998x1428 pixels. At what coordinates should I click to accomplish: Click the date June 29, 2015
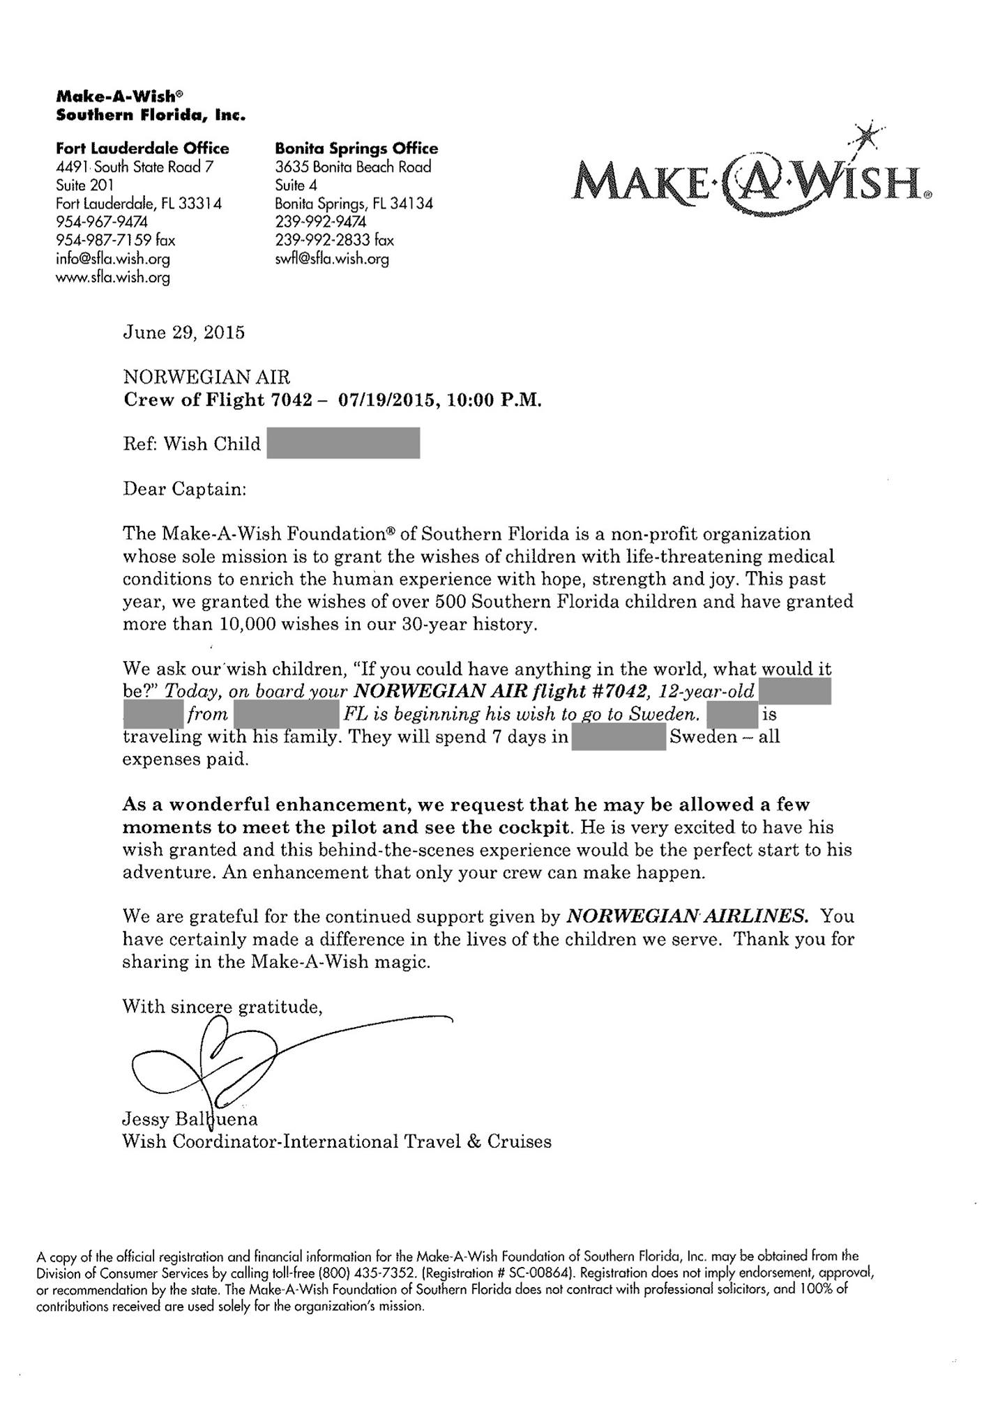coord(183,333)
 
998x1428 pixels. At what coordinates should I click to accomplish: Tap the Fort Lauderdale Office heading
coord(142,149)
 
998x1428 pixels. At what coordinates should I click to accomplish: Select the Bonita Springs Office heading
coord(356,149)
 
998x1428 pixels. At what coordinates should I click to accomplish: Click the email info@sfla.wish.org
coord(113,259)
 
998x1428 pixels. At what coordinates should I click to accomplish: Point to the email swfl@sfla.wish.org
coord(332,259)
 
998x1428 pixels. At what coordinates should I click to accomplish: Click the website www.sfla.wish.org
coord(113,278)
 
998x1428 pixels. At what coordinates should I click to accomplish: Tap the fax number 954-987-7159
coord(102,241)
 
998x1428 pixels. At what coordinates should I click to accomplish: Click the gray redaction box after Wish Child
coord(343,443)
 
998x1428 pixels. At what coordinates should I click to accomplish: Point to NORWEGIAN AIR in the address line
coord(206,378)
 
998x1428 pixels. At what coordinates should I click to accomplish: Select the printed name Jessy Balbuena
coord(190,1119)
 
